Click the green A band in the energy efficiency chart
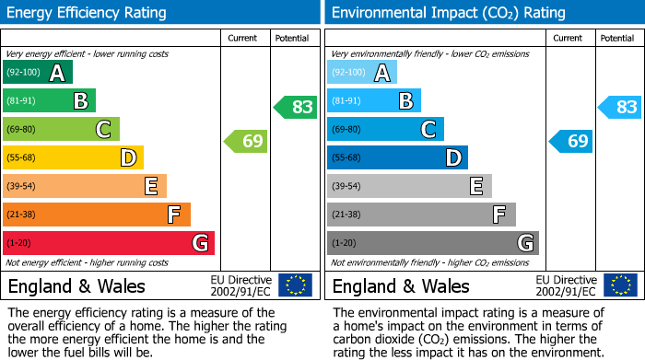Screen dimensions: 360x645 pyautogui.click(x=37, y=73)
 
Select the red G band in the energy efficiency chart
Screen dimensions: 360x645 pyautogui.click(x=108, y=243)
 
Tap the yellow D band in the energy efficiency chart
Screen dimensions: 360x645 pyautogui.click(x=73, y=158)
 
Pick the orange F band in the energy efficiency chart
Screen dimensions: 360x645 pyautogui.click(x=96, y=215)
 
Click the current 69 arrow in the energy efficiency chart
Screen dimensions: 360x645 pyautogui.click(x=246, y=141)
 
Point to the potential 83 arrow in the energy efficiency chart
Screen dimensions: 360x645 pyautogui.click(x=296, y=107)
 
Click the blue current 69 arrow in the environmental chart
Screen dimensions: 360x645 pyautogui.click(x=570, y=141)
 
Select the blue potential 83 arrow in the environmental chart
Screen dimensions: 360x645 pyautogui.click(x=620, y=107)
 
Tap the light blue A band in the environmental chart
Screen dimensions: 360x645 pyautogui.click(x=361, y=73)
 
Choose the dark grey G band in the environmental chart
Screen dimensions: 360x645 pyautogui.click(x=432, y=243)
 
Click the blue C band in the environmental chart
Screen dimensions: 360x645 pyautogui.click(x=385, y=130)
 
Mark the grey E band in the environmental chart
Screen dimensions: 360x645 pyautogui.click(x=409, y=186)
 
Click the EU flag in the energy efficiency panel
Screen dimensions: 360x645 pyautogui.click(x=295, y=285)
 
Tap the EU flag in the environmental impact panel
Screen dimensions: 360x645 pyautogui.click(x=619, y=285)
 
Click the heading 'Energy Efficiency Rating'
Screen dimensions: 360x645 pyautogui.click(x=87, y=13)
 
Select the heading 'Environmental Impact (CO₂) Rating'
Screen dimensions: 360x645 pyautogui.click(x=448, y=13)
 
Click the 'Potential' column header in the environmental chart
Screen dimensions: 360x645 pyautogui.click(x=617, y=38)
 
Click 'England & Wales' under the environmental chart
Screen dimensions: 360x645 pyautogui.click(x=401, y=285)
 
